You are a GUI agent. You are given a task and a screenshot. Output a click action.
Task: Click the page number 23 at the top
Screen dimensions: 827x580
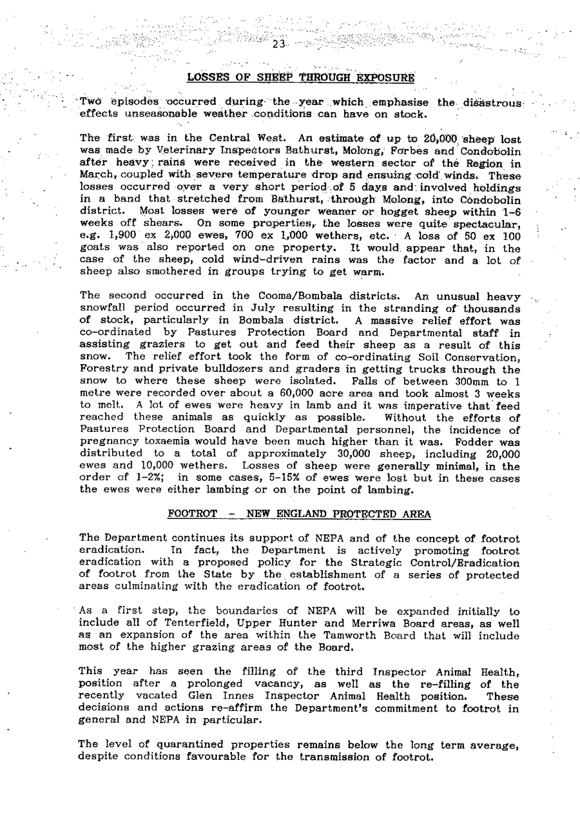(278, 44)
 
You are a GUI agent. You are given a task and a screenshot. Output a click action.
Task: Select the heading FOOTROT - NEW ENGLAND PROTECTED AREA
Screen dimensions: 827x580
(299, 514)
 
